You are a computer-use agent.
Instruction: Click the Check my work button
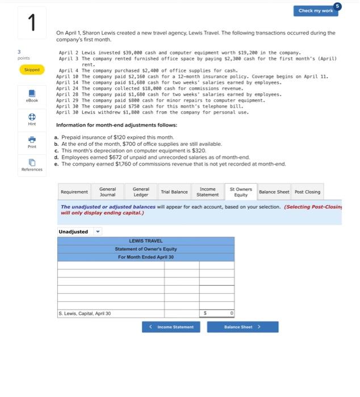[x=316, y=11]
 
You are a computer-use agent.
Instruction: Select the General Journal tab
[x=107, y=192]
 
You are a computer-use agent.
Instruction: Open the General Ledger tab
[x=141, y=192]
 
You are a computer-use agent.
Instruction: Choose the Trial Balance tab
[x=174, y=192]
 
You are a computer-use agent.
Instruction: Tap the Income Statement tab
[x=207, y=192]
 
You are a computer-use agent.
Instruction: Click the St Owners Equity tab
[x=241, y=192]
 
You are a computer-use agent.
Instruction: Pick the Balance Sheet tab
[x=274, y=192]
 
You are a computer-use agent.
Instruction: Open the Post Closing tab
[x=307, y=192]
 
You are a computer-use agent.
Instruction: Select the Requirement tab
[x=74, y=192]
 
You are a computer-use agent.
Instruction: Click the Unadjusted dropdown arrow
[x=97, y=231]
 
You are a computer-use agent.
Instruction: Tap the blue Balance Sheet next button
[x=242, y=327]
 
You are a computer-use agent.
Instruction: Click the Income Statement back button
[x=171, y=327]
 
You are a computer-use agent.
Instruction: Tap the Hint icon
[x=32, y=116]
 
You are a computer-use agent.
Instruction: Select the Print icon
[x=32, y=140]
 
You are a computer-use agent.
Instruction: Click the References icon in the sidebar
[x=32, y=163]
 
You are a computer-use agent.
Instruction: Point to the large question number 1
[x=32, y=23]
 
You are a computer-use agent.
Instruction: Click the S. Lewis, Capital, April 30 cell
[x=111, y=313]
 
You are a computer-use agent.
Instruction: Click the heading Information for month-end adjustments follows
[x=116, y=125]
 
